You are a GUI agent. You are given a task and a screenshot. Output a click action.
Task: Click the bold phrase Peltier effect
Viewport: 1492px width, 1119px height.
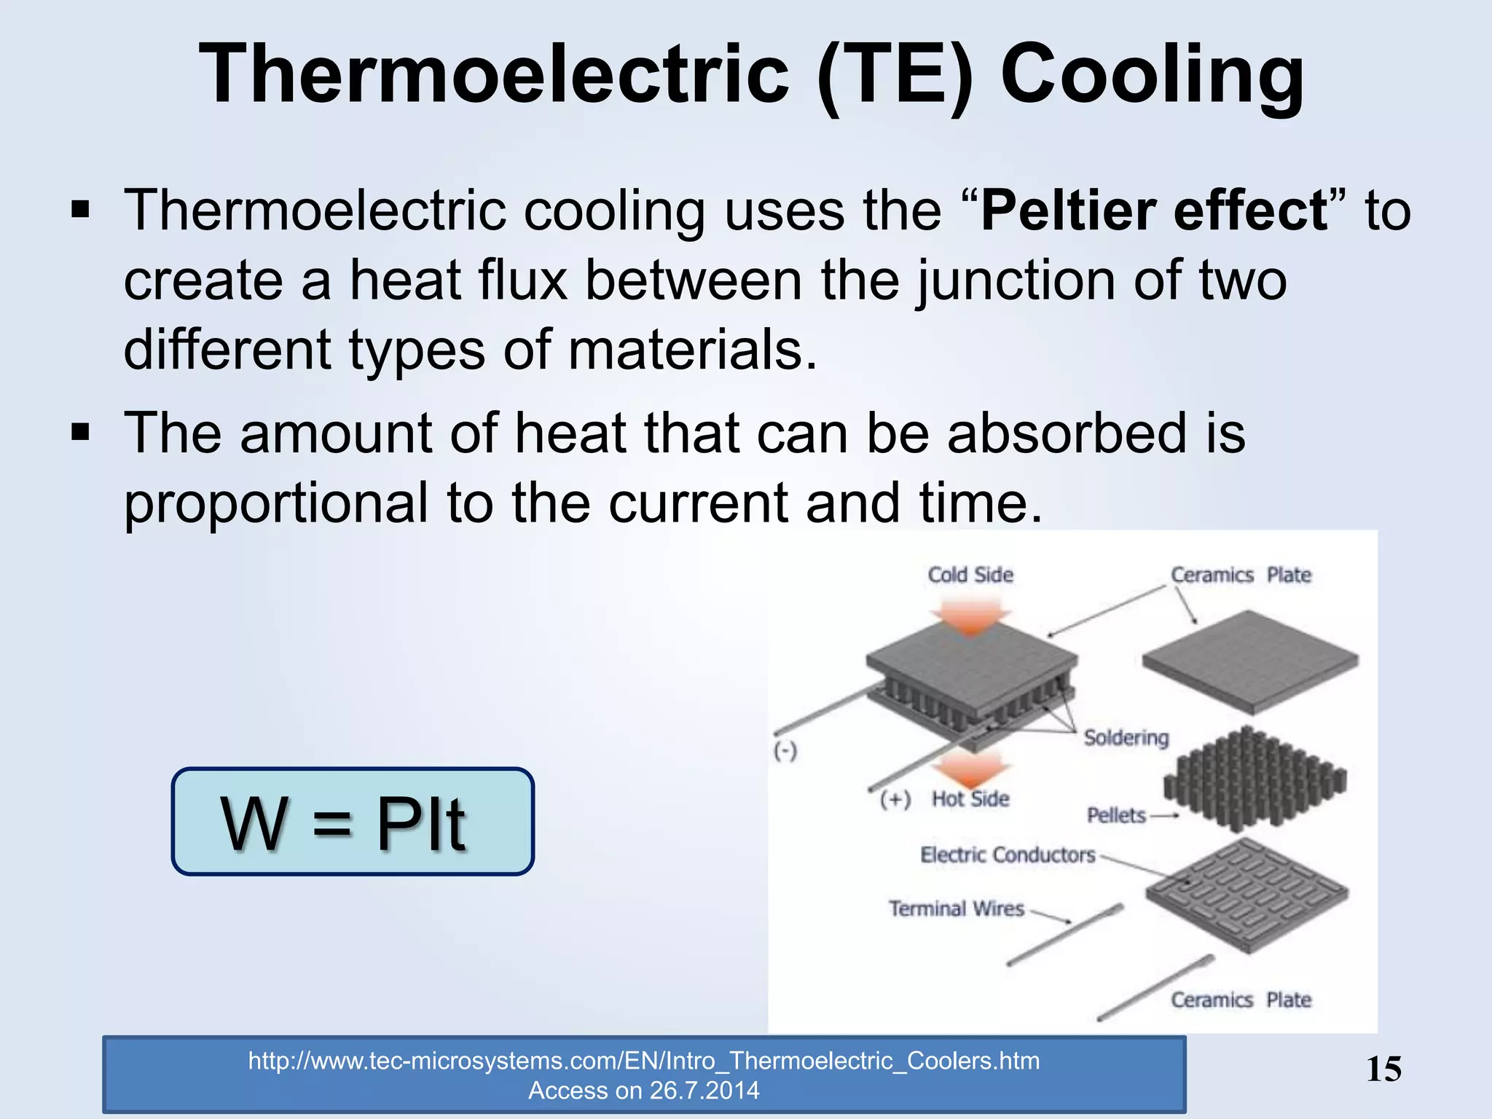1154,211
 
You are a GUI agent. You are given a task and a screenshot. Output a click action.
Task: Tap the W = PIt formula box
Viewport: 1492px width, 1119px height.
353,822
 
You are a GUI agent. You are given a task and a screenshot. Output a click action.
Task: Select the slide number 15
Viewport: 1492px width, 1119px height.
1383,1069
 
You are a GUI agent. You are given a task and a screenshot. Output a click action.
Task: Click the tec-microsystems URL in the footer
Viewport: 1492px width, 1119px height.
643,1061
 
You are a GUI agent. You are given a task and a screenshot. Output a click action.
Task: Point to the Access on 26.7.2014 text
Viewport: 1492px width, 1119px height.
643,1091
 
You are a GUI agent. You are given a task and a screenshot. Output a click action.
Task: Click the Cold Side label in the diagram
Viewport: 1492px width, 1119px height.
970,575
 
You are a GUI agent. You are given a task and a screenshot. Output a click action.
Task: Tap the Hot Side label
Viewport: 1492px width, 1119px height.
970,798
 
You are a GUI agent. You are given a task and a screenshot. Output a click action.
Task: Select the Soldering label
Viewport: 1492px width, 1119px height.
1126,737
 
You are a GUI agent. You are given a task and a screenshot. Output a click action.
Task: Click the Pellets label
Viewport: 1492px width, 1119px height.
1116,815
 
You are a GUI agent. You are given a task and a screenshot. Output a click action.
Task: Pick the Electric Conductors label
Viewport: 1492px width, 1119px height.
1008,855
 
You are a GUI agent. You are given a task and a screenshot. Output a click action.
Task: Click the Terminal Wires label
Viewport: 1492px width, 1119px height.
956,908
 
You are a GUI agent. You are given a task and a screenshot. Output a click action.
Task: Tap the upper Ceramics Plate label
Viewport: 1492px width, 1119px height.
1241,575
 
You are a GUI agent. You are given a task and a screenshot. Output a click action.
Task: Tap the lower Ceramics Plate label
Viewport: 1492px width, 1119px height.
1241,1000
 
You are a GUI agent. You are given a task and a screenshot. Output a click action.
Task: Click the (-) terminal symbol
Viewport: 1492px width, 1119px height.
785,750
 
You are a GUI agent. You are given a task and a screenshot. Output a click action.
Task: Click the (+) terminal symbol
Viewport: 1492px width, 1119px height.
895,799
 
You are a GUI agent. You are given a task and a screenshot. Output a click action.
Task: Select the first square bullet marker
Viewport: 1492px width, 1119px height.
80,211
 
